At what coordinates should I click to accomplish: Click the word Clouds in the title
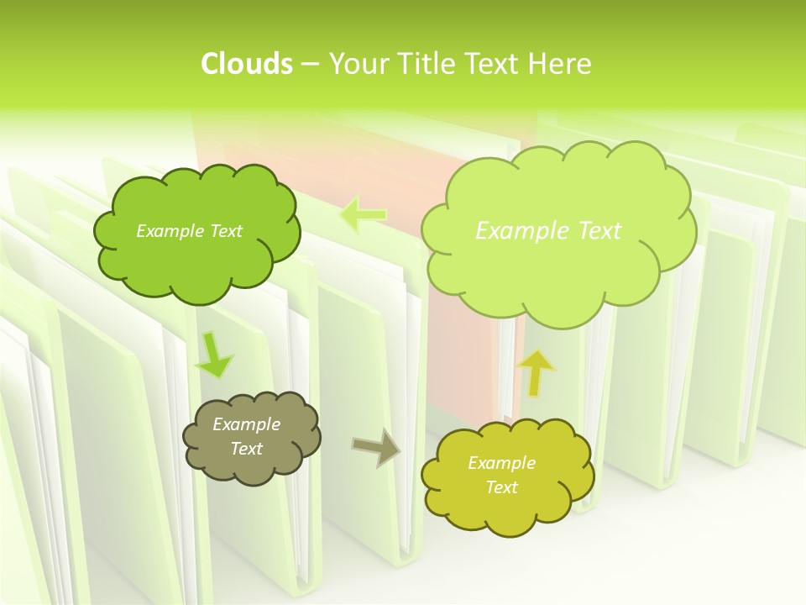pos(246,64)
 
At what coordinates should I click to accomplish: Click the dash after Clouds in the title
pos(309,65)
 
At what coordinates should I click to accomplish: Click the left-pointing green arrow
pos(364,215)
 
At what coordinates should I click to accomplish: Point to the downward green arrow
pos(213,355)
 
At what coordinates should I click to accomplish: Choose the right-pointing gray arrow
pos(375,445)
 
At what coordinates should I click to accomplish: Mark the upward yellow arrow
pos(537,371)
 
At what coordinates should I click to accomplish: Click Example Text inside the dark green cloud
pos(189,231)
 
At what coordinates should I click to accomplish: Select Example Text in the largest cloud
pos(548,231)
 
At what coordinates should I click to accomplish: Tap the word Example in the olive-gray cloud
pos(247,424)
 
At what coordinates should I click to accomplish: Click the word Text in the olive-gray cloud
pos(247,449)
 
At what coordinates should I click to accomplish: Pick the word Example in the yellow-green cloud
pos(501,463)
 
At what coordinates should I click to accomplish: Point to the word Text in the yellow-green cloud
pos(501,487)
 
